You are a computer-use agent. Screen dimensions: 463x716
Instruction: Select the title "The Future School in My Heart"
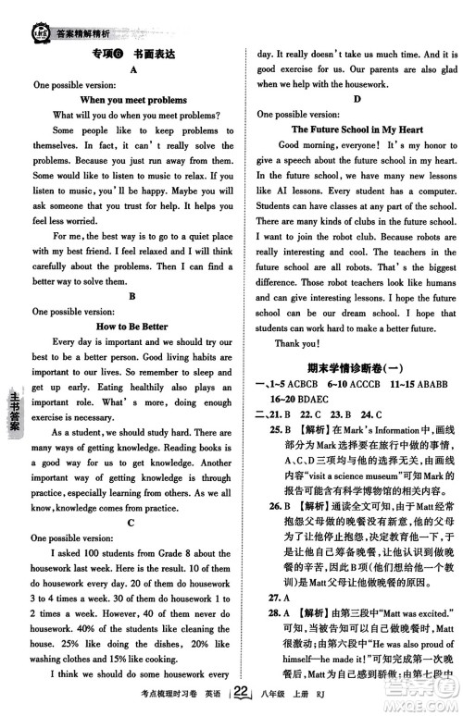tap(357, 130)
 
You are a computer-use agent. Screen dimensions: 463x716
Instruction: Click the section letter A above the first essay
tap(134, 68)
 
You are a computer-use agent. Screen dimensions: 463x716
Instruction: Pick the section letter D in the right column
tap(357, 99)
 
